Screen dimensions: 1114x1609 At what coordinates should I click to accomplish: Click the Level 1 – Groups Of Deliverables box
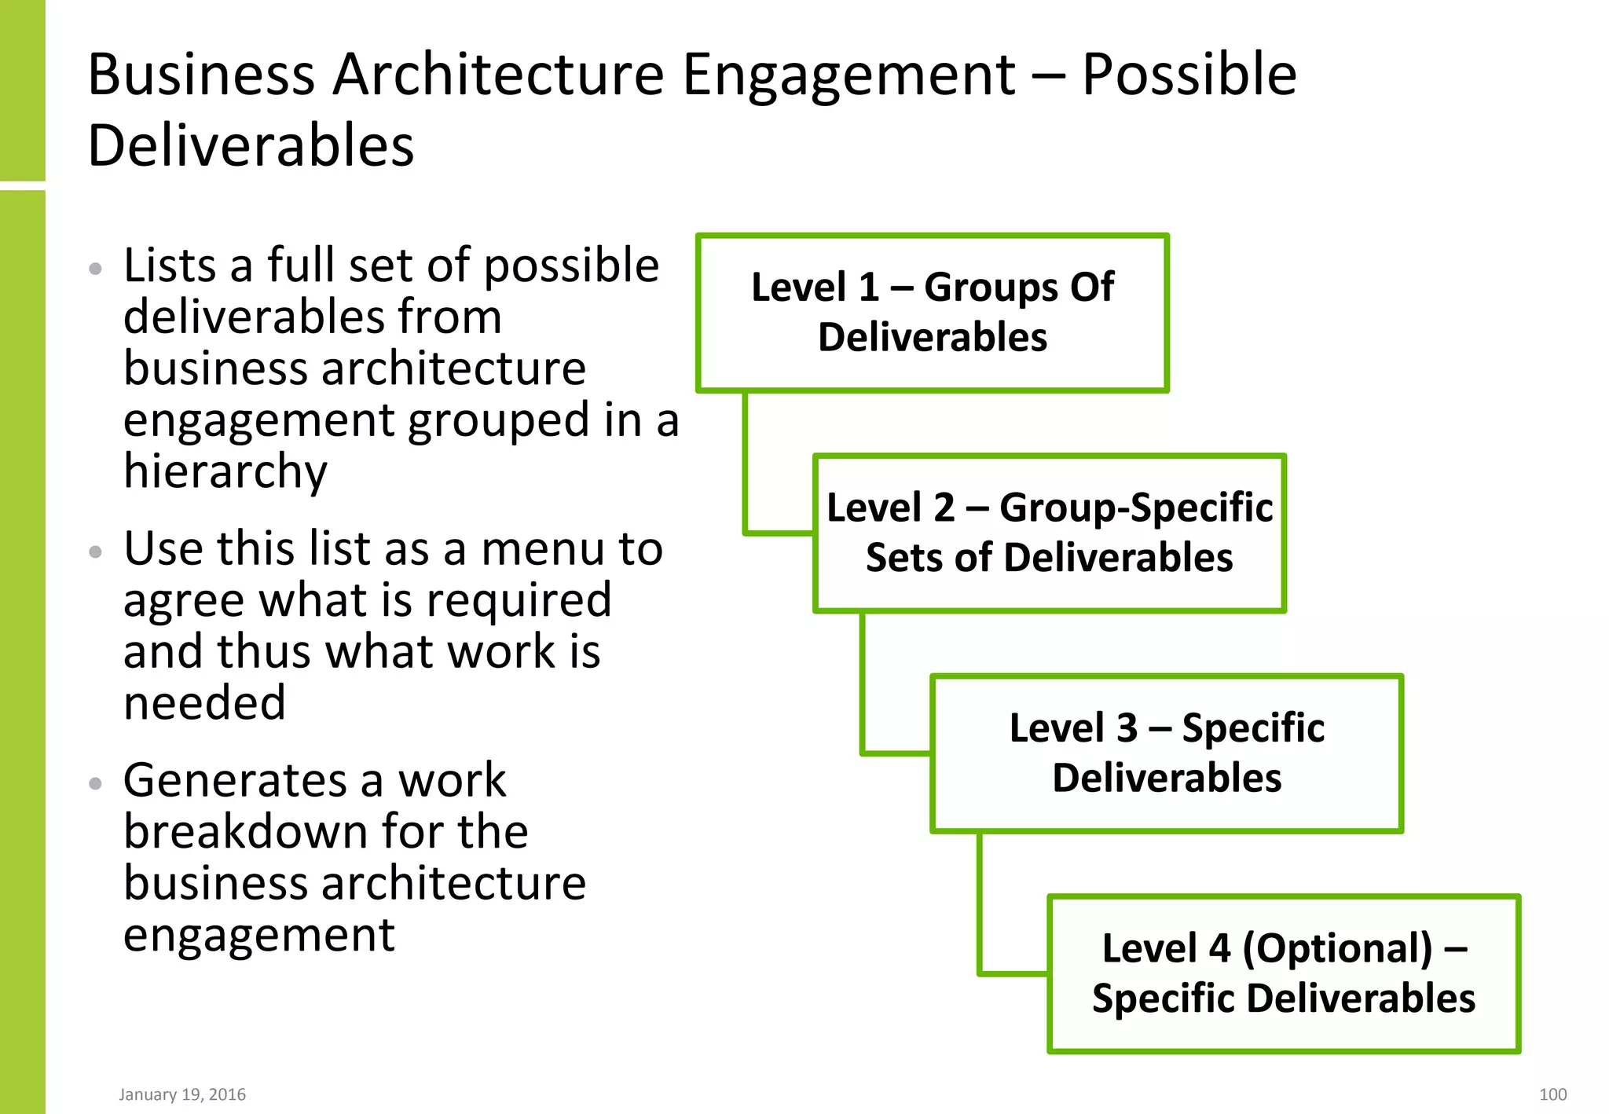(933, 313)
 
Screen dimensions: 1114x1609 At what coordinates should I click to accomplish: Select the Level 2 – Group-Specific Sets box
(1050, 533)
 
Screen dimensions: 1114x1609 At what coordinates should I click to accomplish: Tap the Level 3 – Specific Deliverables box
(1167, 753)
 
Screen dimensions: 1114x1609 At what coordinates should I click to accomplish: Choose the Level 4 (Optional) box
(1284, 973)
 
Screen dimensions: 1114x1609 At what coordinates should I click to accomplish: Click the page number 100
(1552, 1094)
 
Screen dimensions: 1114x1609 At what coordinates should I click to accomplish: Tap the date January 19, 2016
(182, 1094)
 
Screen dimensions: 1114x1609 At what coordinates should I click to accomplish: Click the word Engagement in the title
(849, 75)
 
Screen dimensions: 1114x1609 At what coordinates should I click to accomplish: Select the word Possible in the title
(1189, 75)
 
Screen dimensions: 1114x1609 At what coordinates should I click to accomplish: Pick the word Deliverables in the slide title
(251, 146)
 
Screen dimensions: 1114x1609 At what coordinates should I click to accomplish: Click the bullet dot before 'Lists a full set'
(96, 269)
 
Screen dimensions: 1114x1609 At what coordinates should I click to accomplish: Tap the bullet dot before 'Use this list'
(96, 552)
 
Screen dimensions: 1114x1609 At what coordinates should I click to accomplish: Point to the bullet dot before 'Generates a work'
(96, 783)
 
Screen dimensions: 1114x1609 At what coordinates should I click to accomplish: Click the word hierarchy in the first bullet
(225, 471)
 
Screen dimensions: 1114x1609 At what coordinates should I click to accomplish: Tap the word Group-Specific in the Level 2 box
(1136, 508)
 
